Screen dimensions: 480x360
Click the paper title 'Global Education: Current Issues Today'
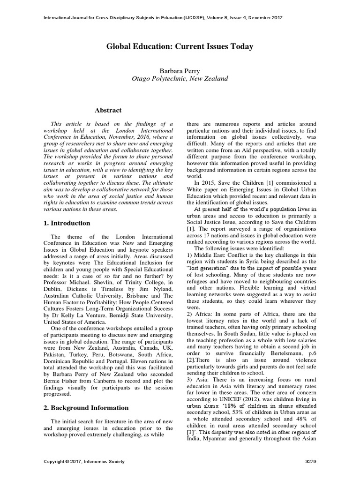point(180,46)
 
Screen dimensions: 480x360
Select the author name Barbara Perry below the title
point(180,69)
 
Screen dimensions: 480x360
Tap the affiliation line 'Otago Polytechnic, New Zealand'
point(180,79)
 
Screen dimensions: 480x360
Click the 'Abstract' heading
point(108,111)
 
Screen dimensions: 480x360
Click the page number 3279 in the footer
point(310,462)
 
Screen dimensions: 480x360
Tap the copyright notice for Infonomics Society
point(84,462)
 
